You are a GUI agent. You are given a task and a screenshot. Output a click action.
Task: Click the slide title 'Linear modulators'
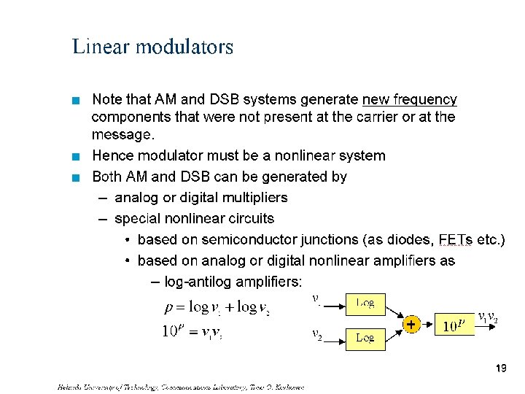(x=152, y=47)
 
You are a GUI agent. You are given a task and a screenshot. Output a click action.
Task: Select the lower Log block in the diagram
(x=365, y=339)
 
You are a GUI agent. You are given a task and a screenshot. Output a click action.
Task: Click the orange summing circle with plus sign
(x=412, y=323)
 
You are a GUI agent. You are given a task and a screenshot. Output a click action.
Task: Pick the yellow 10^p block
(x=454, y=324)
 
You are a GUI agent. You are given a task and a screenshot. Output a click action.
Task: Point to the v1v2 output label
(x=488, y=318)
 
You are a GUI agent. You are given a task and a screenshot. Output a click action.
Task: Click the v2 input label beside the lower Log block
(x=317, y=335)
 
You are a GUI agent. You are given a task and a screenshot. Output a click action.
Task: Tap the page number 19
(x=500, y=369)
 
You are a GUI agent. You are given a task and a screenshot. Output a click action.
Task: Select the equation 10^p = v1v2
(x=191, y=331)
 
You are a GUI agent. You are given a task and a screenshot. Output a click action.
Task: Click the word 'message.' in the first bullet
(x=122, y=135)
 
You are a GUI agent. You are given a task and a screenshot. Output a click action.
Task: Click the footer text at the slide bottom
(x=180, y=386)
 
